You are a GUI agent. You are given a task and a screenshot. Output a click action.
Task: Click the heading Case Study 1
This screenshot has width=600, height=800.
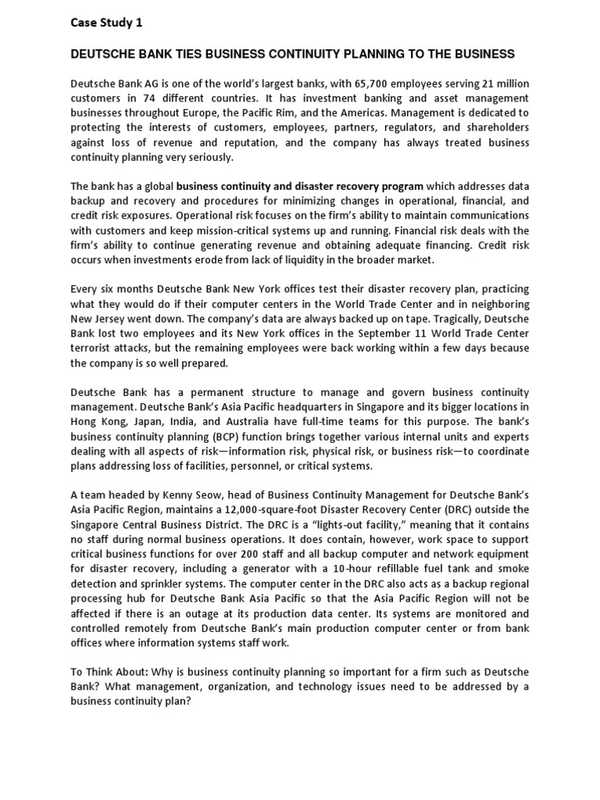coord(107,23)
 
